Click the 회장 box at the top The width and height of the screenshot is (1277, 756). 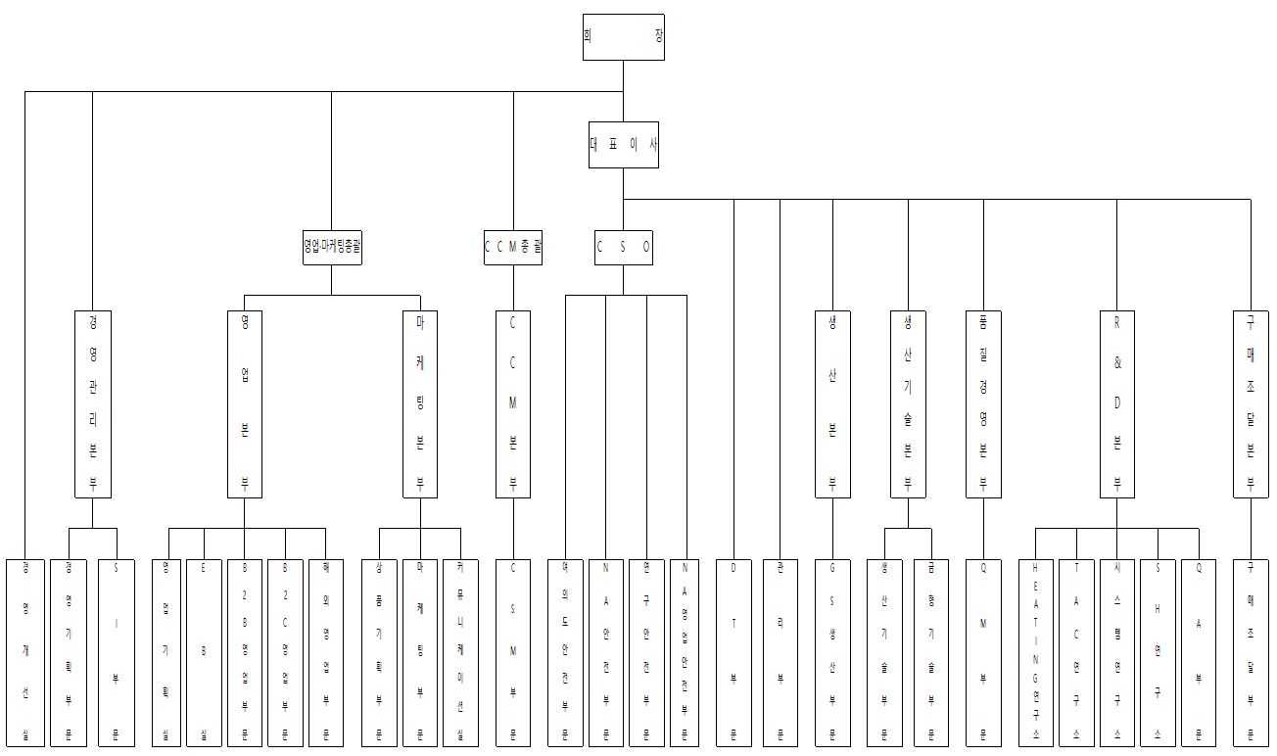point(623,37)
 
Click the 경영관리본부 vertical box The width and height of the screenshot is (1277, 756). point(93,403)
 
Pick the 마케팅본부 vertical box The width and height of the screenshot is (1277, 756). point(420,403)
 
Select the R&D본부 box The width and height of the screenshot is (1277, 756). point(1116,403)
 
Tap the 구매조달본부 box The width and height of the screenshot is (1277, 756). point(1251,403)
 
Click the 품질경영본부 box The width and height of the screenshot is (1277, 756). point(983,403)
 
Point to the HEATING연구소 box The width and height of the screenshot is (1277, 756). point(1037,652)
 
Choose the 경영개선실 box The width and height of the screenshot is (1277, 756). point(24,652)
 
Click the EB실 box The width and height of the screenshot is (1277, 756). point(204,652)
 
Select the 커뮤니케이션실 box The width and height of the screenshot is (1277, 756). point(460,652)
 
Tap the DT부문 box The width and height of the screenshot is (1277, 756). point(733,652)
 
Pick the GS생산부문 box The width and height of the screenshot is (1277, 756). point(832,652)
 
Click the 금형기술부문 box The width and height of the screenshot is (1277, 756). point(931,652)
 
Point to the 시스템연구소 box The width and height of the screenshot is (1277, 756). point(1117,652)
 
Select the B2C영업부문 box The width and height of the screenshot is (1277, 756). point(285,652)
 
